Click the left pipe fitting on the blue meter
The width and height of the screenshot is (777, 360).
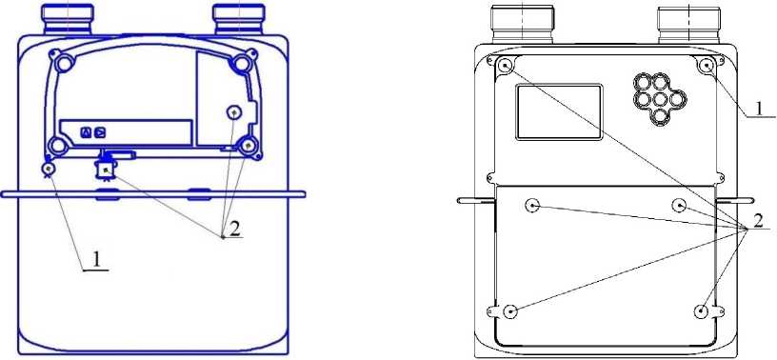pos(67,19)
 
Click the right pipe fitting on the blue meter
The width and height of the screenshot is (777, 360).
pos(238,19)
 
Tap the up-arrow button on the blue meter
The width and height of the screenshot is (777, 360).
pos(87,132)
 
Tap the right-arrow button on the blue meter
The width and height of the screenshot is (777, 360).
pos(100,132)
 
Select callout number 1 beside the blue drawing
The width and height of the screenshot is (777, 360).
pos(98,260)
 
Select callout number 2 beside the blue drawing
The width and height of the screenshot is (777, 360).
pos(234,229)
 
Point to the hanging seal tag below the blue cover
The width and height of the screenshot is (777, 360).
pos(106,169)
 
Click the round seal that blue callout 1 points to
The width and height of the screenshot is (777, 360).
pos(48,169)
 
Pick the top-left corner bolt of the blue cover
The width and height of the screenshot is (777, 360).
pos(64,63)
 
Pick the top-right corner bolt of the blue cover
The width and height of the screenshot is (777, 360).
pos(242,63)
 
